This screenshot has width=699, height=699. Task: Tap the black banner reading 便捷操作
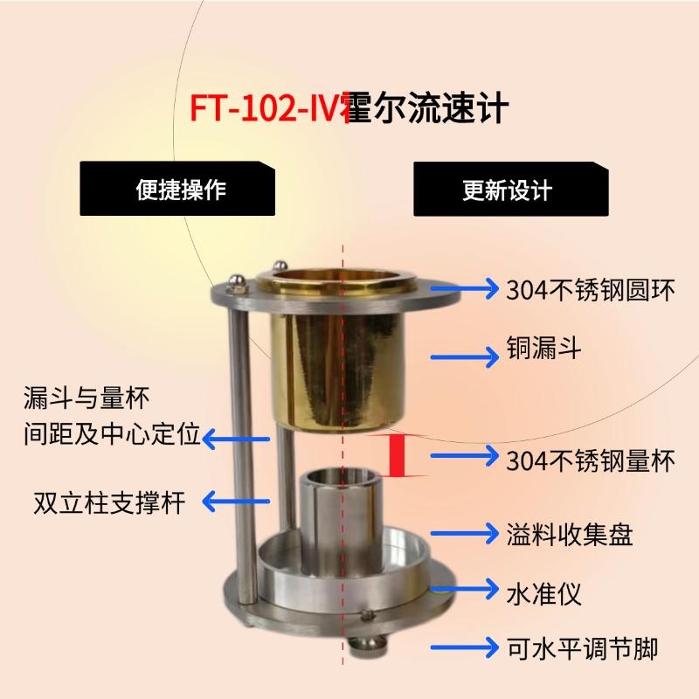(x=177, y=189)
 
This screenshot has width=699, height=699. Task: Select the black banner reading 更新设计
(x=511, y=189)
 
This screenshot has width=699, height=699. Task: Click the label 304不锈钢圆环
(x=591, y=290)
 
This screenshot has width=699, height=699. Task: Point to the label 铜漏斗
(x=543, y=348)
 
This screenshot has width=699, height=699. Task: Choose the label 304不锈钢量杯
(x=591, y=460)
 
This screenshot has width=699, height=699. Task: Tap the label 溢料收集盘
(x=570, y=534)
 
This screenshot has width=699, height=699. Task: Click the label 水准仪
(x=543, y=593)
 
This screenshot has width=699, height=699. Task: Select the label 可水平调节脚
(x=582, y=648)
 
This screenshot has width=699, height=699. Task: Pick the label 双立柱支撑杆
(x=109, y=503)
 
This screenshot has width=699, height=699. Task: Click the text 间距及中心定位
(x=112, y=433)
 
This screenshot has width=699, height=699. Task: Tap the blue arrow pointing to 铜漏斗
(x=465, y=356)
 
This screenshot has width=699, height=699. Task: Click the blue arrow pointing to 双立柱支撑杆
(x=236, y=501)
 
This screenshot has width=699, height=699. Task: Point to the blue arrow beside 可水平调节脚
(x=465, y=647)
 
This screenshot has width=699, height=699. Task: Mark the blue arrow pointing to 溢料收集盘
(x=465, y=533)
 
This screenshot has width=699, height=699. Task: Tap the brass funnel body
(x=339, y=370)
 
